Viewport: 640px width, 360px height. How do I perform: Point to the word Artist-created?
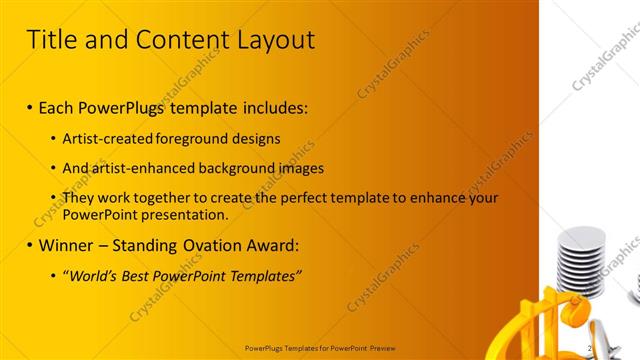(108, 139)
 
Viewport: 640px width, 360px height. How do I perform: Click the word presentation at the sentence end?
(189, 214)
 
